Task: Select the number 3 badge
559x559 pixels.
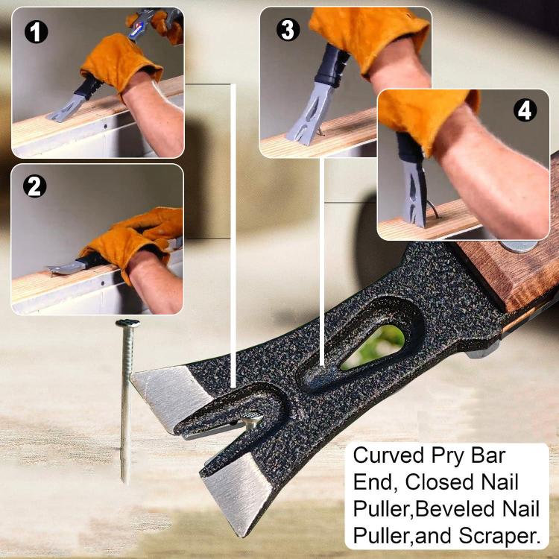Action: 287,30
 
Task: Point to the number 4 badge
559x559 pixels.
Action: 525,111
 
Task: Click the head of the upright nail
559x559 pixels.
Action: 127,324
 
